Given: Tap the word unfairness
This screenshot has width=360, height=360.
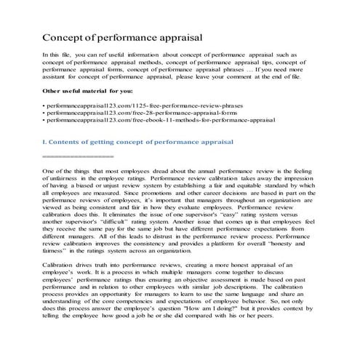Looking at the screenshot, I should [x=65, y=177].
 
